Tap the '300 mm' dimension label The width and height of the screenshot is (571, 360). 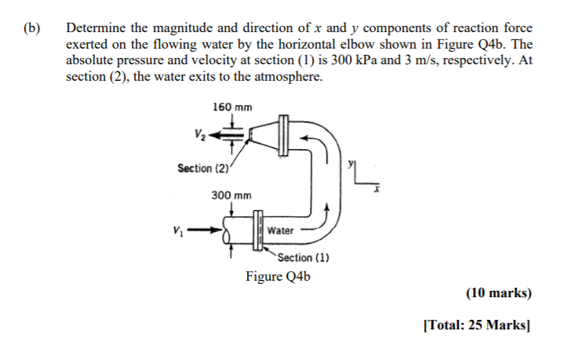click(231, 195)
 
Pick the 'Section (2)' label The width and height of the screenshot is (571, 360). click(204, 168)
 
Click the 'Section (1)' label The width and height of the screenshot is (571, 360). click(302, 258)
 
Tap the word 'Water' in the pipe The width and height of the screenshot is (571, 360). click(280, 231)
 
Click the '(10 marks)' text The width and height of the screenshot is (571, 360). click(498, 293)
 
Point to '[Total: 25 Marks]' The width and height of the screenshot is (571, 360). click(477, 325)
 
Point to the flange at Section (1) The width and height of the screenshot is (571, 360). click(257, 231)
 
